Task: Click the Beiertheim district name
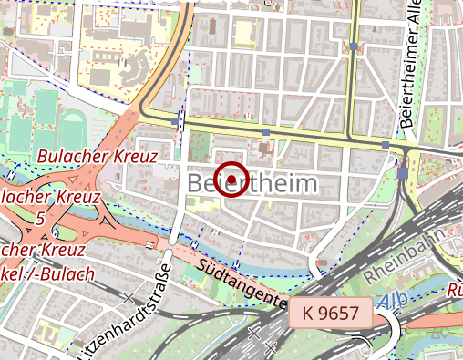click(253, 184)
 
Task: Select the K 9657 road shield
click(330, 313)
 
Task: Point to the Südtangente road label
click(242, 282)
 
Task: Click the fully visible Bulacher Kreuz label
click(97, 157)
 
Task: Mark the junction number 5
click(39, 219)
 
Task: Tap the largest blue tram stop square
click(403, 172)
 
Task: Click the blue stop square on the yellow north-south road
click(353, 46)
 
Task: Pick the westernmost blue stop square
click(174, 120)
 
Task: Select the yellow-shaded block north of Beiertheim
click(244, 34)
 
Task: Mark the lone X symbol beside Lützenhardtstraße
click(130, 296)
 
